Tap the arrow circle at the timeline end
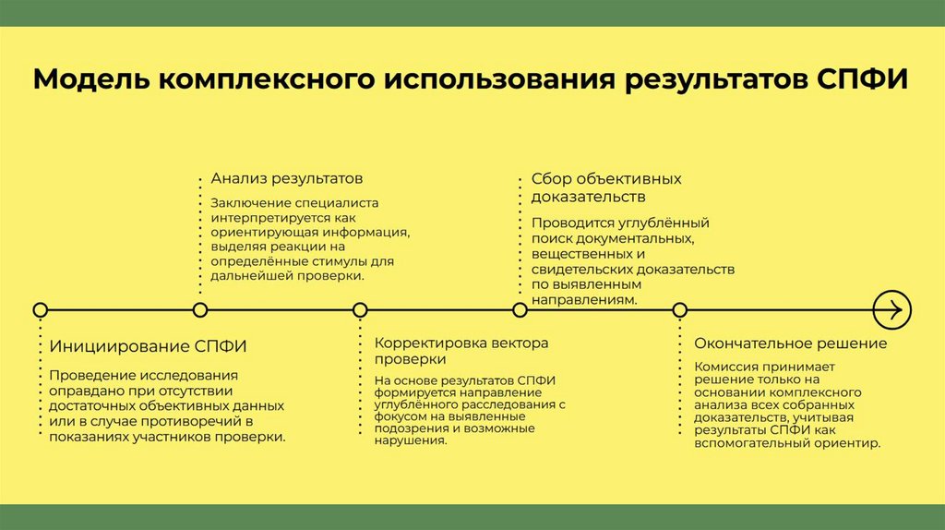point(891,309)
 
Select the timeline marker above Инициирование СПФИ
point(40,309)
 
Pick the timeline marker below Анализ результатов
point(200,309)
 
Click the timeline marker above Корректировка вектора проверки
point(360,309)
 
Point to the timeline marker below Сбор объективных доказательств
point(520,309)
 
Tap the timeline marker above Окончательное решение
point(680,309)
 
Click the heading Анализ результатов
point(286,177)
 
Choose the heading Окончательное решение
point(790,343)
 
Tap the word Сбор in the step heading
point(548,178)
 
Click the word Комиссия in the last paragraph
point(726,366)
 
